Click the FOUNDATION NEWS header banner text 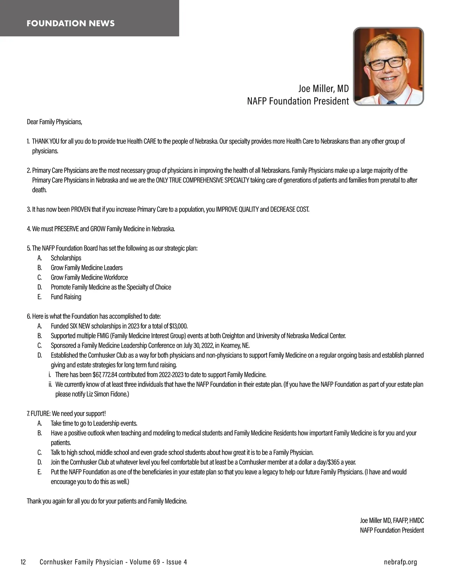pyautogui.click(x=71, y=23)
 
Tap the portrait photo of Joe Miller pyautogui.click(x=389, y=66)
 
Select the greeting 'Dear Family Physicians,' pyautogui.click(x=54, y=122)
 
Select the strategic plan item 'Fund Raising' pyautogui.click(x=66, y=297)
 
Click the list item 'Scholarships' pyautogui.click(x=66, y=258)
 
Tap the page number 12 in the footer pyautogui.click(x=23, y=562)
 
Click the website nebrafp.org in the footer pyautogui.click(x=400, y=562)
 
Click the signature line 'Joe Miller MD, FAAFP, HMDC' pyautogui.click(x=392, y=521)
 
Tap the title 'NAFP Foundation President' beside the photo pyautogui.click(x=298, y=101)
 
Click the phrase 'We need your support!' pyautogui.click(x=79, y=414)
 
